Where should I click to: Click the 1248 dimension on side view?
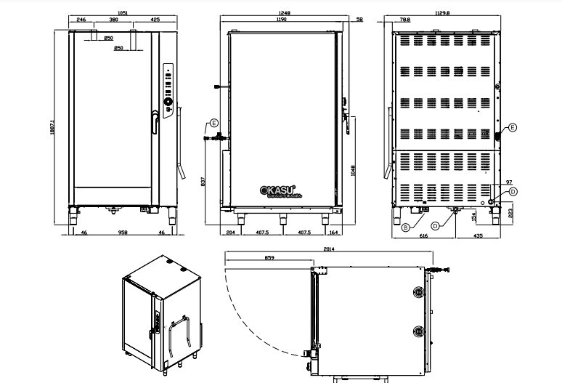(x=283, y=13)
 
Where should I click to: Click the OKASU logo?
(x=280, y=190)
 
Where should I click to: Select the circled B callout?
(x=405, y=227)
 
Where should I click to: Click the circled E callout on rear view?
(x=513, y=127)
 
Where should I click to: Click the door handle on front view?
(x=155, y=122)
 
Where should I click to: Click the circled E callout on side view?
(x=213, y=123)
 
